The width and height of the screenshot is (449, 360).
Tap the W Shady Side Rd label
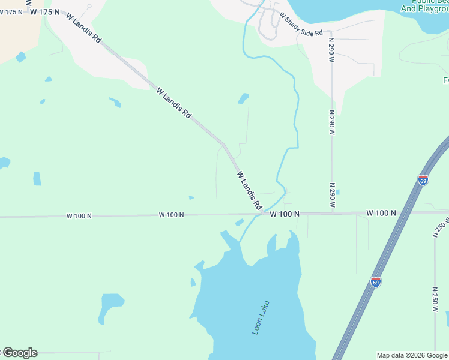[x=301, y=25]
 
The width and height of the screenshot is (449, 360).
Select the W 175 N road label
[x=45, y=12]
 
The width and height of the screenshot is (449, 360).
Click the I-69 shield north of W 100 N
[x=423, y=180]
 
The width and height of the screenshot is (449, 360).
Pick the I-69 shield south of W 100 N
[x=375, y=282]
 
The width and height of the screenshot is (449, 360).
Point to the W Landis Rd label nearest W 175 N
[x=84, y=28]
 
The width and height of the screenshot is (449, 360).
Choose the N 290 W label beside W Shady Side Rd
[x=331, y=50]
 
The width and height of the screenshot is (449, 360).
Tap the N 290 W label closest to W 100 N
[x=332, y=196]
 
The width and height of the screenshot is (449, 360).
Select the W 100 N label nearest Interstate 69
[x=381, y=213]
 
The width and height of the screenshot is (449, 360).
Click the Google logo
[x=19, y=353]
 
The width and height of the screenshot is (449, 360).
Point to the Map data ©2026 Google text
[x=412, y=355]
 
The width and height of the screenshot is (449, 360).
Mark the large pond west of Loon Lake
[x=111, y=307]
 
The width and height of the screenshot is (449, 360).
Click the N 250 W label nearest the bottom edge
[x=435, y=299]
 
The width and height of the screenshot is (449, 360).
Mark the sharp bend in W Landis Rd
[x=223, y=144]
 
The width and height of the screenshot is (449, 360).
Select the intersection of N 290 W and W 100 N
[x=332, y=213]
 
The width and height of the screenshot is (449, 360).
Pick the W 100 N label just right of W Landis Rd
[x=285, y=214]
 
